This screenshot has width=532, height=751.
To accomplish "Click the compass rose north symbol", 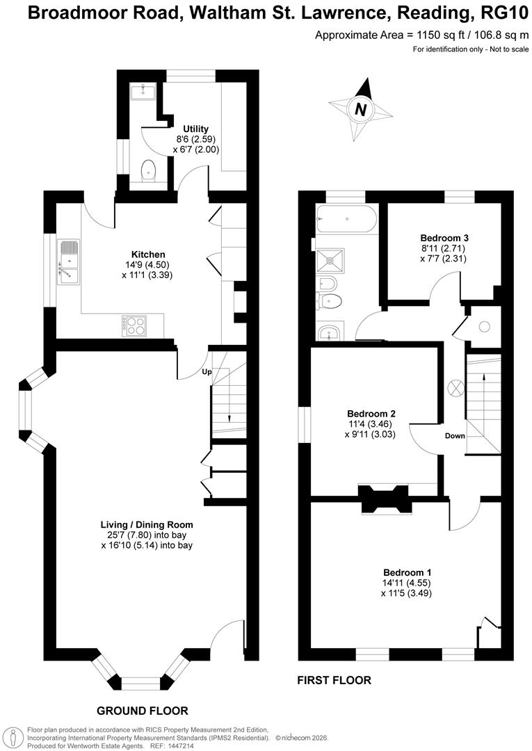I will click(360, 108).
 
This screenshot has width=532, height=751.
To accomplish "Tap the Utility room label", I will click(195, 129).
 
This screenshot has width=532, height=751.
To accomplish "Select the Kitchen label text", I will click(148, 254).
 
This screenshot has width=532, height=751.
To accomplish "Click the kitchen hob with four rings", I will click(134, 325).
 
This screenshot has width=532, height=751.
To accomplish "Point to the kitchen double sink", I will click(69, 262).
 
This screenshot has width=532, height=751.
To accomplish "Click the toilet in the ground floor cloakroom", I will click(148, 171).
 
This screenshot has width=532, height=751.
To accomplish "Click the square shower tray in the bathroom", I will click(330, 259).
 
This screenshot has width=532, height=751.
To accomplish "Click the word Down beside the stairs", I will click(456, 436).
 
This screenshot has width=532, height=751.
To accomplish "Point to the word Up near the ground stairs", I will click(207, 371).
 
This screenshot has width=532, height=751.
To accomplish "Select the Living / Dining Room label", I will click(147, 524).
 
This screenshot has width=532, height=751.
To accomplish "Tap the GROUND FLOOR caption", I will click(143, 711).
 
